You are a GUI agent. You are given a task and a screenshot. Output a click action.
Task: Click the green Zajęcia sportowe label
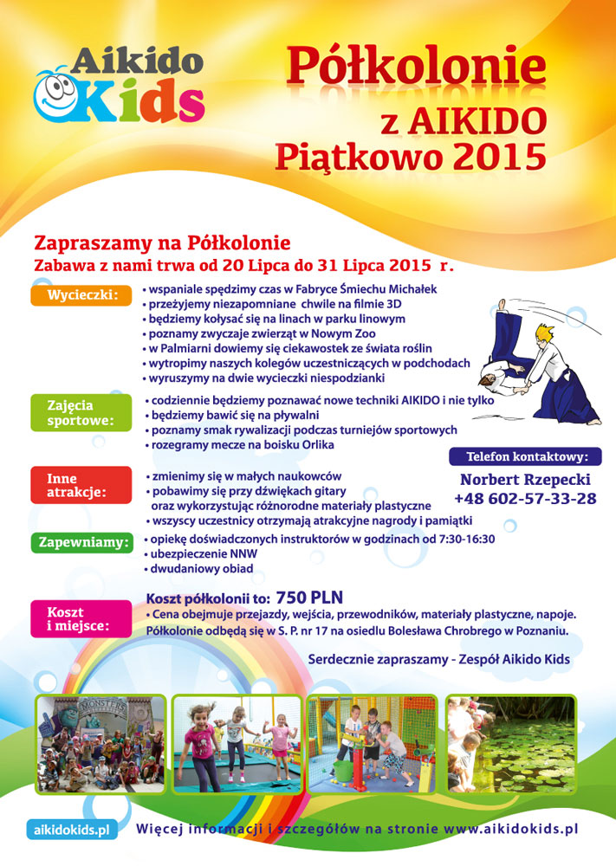(74, 413)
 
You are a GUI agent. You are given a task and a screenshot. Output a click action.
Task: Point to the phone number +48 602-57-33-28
(525, 499)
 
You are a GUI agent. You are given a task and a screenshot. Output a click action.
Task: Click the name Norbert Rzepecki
(526, 479)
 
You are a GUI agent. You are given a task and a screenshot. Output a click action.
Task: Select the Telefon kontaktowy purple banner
(527, 456)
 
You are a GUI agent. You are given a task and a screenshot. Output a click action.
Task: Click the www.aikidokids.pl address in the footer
(510, 829)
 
